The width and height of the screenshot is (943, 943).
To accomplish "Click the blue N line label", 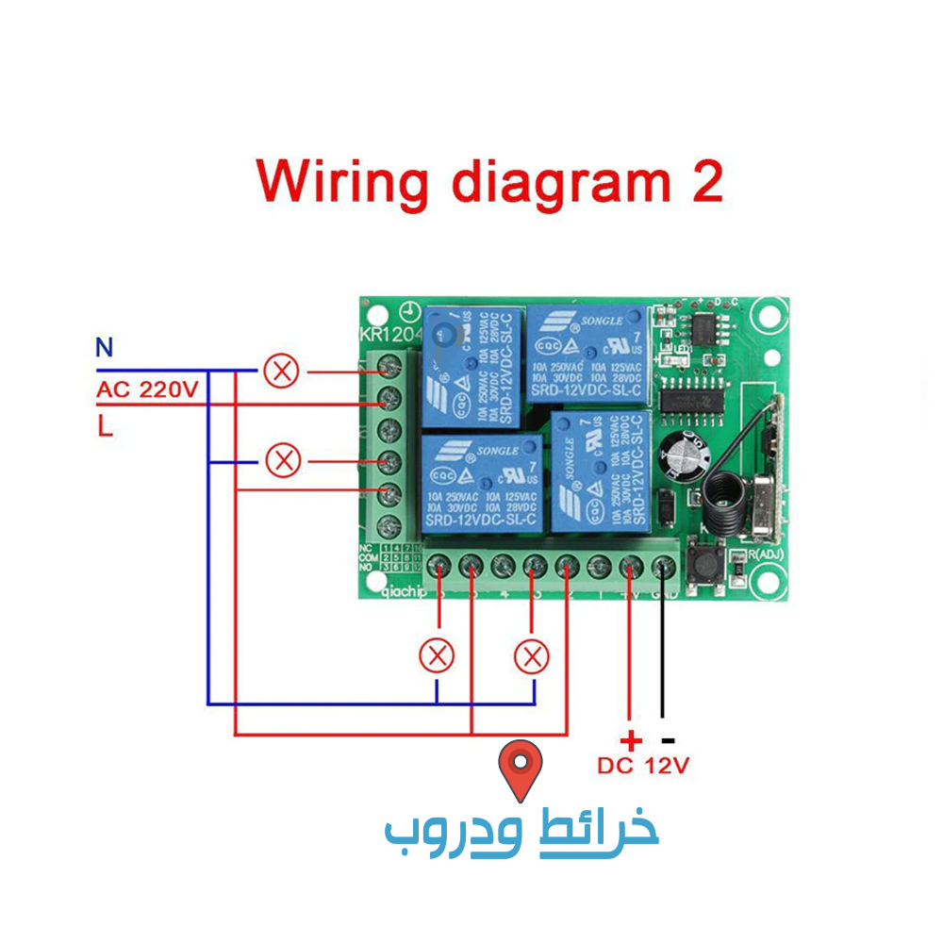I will tap(104, 348).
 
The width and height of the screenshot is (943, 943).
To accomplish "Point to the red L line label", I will tap(105, 427).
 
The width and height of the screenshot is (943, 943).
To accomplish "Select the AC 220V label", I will tap(147, 389).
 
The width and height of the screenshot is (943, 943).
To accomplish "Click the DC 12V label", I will tap(643, 766).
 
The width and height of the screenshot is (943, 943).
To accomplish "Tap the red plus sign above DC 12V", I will tap(630, 740).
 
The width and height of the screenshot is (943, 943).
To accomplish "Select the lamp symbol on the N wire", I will tap(280, 371).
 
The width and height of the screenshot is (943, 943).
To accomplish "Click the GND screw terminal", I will tap(663, 567).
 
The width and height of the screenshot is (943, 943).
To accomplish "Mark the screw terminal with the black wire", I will tap(663, 567).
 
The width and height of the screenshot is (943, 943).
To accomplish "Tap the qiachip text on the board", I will tap(402, 593).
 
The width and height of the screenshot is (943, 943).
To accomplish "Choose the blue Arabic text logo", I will tap(521, 833).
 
